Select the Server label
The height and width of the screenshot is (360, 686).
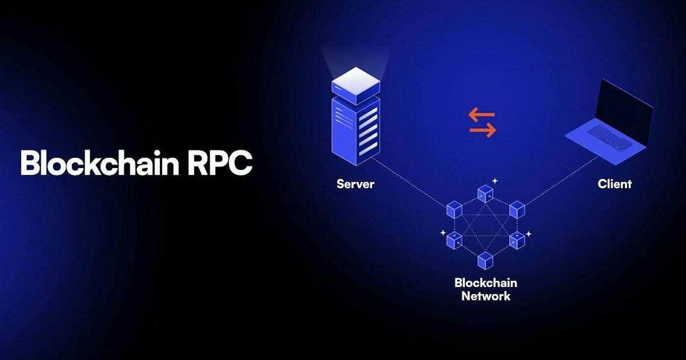pyautogui.click(x=355, y=184)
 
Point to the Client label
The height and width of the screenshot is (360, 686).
pyautogui.click(x=614, y=184)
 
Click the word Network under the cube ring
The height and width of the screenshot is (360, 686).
pyautogui.click(x=486, y=296)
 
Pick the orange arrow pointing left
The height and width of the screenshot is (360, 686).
pyautogui.click(x=481, y=115)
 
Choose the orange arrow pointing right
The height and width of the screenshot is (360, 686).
pyautogui.click(x=483, y=130)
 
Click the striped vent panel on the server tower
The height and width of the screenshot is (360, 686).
pyautogui.click(x=367, y=130)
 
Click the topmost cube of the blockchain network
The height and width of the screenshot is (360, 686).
pyautogui.click(x=485, y=193)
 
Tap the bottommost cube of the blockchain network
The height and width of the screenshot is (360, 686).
pyautogui.click(x=485, y=260)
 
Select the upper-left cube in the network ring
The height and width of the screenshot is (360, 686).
pyautogui.click(x=455, y=210)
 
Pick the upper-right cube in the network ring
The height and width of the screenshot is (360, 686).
pyautogui.click(x=516, y=210)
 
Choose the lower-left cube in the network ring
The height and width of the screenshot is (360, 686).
pyautogui.click(x=455, y=240)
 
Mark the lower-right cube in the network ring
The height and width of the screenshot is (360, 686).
pyautogui.click(x=516, y=240)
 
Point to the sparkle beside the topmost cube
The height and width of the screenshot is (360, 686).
pyautogui.click(x=495, y=181)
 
